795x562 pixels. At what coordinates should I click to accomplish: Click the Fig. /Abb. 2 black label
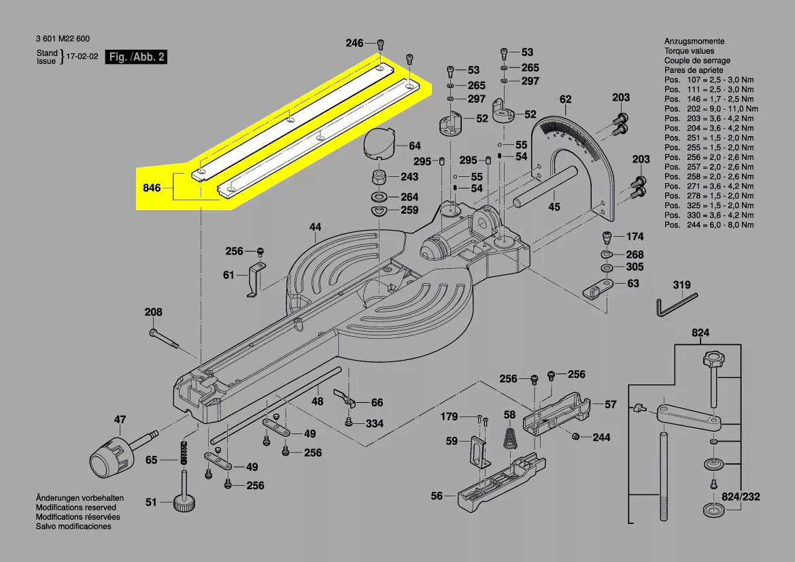136,57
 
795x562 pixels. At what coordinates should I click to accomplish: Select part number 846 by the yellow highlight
152,187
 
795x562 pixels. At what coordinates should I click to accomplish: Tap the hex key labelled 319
676,304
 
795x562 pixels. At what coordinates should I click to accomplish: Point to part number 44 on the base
315,228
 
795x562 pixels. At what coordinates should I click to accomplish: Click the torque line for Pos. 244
709,225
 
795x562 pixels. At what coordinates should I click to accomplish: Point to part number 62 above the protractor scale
565,100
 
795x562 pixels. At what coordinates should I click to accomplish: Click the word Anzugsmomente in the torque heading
694,42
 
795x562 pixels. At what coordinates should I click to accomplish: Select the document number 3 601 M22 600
62,39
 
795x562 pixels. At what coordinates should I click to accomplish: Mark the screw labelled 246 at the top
380,44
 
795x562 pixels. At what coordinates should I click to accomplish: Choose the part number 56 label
437,496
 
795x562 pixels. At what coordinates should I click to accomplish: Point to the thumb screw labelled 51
184,501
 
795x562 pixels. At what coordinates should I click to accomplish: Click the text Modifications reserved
75,508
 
